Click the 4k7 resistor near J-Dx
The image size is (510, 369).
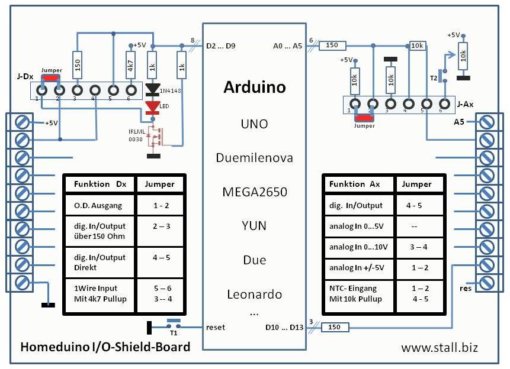[130, 65]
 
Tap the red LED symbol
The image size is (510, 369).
[153, 108]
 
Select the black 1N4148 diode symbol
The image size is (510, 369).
[153, 90]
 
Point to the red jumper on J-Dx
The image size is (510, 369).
[50, 78]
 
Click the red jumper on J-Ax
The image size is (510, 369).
[364, 118]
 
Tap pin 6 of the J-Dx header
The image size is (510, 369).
[131, 90]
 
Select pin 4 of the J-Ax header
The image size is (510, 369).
[409, 104]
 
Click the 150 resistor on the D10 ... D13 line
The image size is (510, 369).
[335, 327]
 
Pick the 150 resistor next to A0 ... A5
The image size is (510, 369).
[332, 46]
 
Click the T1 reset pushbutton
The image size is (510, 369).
[174, 324]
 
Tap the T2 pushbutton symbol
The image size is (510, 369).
[442, 76]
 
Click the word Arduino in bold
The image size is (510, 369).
[255, 87]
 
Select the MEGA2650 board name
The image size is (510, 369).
[255, 192]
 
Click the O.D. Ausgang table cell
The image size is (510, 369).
[98, 206]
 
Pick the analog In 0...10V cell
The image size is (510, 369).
[358, 247]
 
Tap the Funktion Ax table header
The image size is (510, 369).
[355, 184]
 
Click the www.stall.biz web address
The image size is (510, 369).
[440, 348]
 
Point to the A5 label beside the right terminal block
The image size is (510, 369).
[459, 122]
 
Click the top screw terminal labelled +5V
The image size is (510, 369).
[23, 122]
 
